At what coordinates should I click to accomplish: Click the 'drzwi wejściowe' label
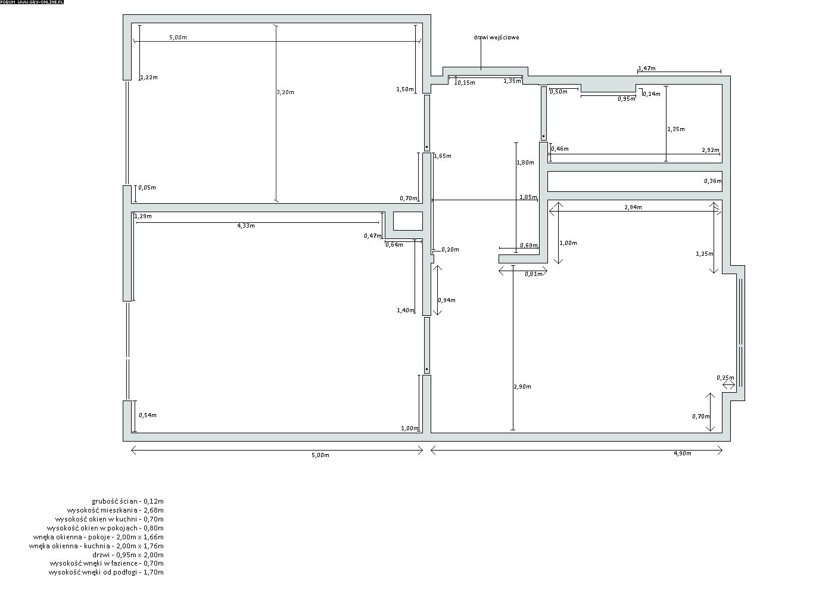click(x=496, y=38)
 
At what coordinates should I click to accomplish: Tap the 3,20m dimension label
click(x=285, y=92)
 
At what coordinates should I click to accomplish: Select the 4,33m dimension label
click(x=246, y=226)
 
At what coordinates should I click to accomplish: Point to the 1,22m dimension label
click(x=149, y=77)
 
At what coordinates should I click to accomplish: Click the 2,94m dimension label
click(x=633, y=207)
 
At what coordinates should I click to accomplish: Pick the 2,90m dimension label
click(x=522, y=387)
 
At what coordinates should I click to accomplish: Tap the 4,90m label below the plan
click(x=683, y=454)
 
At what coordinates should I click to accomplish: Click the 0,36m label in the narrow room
click(x=713, y=181)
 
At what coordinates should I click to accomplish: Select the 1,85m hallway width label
click(x=528, y=197)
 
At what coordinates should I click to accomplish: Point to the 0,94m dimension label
click(x=447, y=300)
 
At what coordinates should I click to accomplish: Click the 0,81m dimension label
click(x=534, y=274)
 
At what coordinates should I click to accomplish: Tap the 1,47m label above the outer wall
click(x=647, y=68)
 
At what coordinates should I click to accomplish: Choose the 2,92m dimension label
click(x=711, y=150)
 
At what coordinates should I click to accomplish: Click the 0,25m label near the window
click(x=725, y=378)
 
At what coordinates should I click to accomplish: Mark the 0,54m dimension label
click(x=148, y=415)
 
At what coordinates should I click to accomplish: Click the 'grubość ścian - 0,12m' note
click(x=127, y=501)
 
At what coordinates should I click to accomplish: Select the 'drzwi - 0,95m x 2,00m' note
click(x=128, y=555)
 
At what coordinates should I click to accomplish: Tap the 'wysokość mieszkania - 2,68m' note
click(x=115, y=510)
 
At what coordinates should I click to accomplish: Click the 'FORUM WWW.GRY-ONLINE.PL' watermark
click(x=32, y=2)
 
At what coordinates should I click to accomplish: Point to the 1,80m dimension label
click(x=525, y=163)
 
